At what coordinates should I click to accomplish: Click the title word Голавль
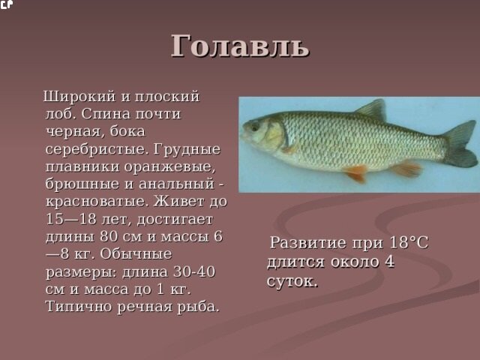coord(239,46)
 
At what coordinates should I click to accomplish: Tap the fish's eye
coord(256,127)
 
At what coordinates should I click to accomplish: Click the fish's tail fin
coord(458,142)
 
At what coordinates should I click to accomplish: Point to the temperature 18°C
coord(409,243)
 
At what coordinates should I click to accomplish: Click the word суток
coord(292,281)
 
